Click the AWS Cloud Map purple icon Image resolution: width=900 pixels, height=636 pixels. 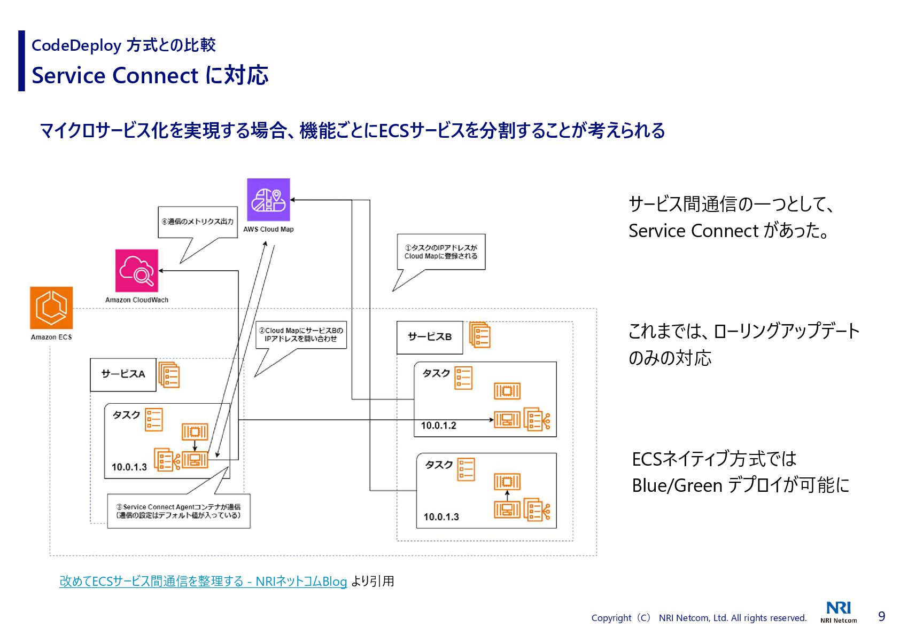pyautogui.click(x=268, y=200)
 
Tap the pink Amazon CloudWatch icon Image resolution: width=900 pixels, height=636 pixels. pyautogui.click(x=137, y=271)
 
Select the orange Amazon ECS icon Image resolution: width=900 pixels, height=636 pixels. pyautogui.click(x=51, y=308)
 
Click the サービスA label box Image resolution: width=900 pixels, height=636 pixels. pyautogui.click(x=123, y=374)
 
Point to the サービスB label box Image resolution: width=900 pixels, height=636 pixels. pyautogui.click(x=430, y=337)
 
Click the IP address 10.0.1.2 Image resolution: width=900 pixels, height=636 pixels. pyautogui.click(x=438, y=426)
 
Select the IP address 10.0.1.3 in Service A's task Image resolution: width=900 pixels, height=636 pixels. pyautogui.click(x=129, y=467)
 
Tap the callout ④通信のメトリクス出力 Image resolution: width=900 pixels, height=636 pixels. pyautogui.click(x=198, y=222)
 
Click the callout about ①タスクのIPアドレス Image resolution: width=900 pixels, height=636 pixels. pyautogui.click(x=441, y=252)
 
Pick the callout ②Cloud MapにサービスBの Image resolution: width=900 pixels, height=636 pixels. pyautogui.click(x=301, y=335)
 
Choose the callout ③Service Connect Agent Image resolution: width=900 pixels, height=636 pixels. pyautogui.click(x=179, y=511)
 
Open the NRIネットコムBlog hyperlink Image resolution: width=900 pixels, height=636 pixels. pyautogui.click(x=203, y=581)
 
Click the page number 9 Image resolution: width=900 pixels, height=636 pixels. pyautogui.click(x=881, y=617)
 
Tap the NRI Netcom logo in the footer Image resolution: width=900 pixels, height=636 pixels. pyautogui.click(x=839, y=612)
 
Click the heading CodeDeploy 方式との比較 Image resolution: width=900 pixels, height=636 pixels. pyautogui.click(x=123, y=45)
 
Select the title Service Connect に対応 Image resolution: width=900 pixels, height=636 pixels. pyautogui.click(x=150, y=75)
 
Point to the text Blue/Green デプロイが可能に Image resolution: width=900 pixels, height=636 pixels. pyautogui.click(x=740, y=485)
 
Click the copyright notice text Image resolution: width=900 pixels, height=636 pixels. pyautogui.click(x=699, y=618)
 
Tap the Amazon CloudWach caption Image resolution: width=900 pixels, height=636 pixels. pyautogui.click(x=137, y=300)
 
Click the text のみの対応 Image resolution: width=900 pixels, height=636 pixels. pyautogui.click(x=670, y=358)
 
